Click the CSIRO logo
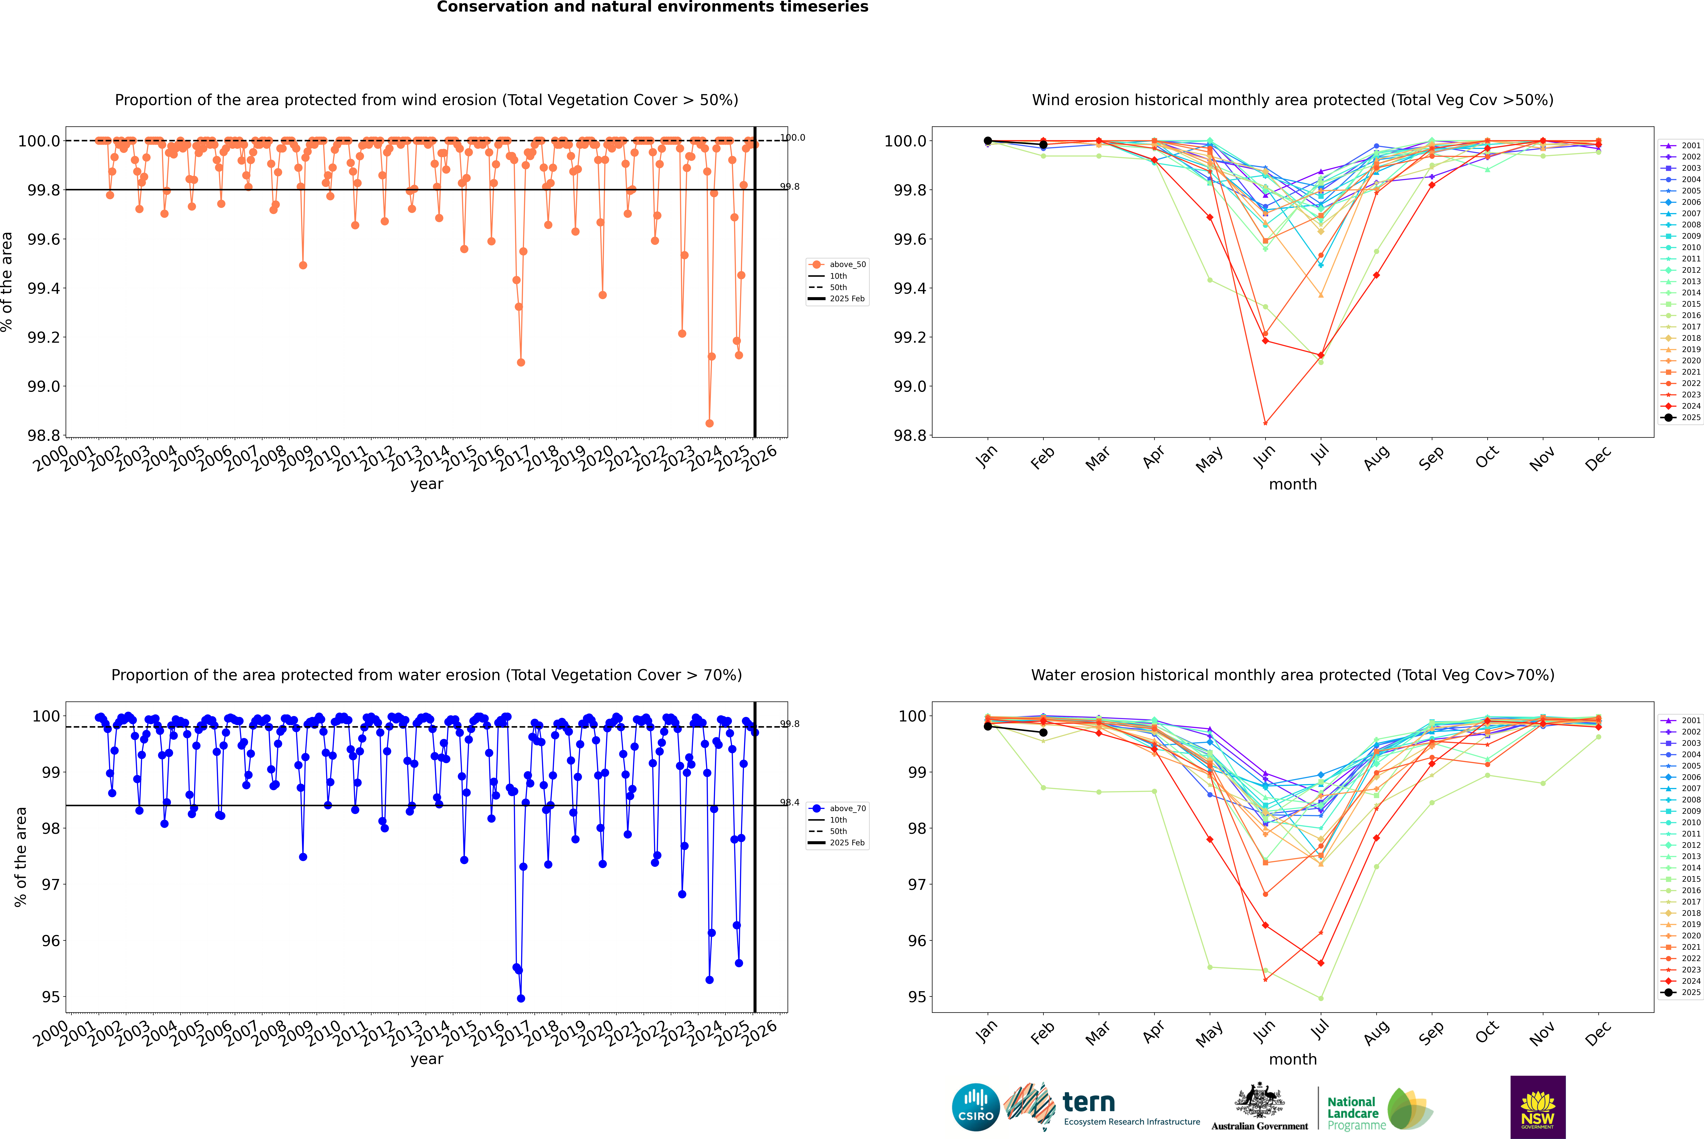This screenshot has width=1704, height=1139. [x=976, y=1107]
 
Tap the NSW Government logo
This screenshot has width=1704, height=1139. [x=1538, y=1107]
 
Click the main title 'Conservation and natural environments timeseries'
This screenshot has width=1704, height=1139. [x=652, y=7]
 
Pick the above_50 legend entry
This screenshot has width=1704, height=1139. [x=837, y=264]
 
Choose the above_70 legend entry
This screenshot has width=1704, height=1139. [x=837, y=809]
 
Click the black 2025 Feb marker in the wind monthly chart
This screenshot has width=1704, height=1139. [x=1043, y=145]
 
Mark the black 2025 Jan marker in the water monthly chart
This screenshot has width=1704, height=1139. [x=988, y=726]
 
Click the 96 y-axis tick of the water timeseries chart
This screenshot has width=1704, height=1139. [x=51, y=941]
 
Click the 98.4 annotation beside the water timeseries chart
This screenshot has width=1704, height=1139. [x=790, y=803]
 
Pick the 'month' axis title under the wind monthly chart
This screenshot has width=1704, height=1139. [x=1293, y=485]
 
